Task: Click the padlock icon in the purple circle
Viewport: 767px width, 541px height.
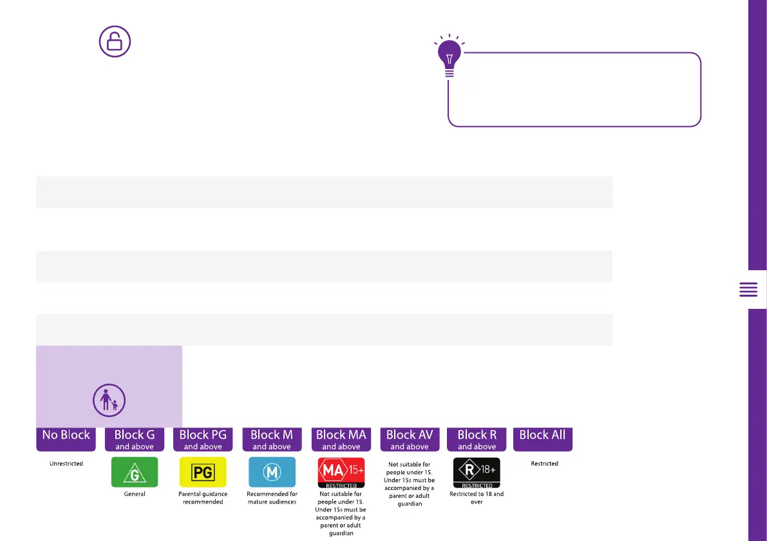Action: tap(115, 43)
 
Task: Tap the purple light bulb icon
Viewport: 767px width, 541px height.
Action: tap(450, 57)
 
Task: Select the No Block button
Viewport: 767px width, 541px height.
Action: tap(66, 438)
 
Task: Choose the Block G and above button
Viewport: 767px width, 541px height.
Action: tap(134, 438)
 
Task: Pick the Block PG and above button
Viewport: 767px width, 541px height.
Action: tap(203, 438)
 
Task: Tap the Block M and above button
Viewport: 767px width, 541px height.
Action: tap(271, 438)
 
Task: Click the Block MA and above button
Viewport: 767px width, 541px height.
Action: tap(341, 438)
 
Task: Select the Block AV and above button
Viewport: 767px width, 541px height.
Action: tap(409, 438)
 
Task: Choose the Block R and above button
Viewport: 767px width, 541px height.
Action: tap(477, 438)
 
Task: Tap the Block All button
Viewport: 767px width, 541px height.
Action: tap(542, 438)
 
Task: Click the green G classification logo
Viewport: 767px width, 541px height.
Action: tap(134, 472)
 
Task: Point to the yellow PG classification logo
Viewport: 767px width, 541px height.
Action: tap(203, 472)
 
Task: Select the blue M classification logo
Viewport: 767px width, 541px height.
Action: tap(272, 472)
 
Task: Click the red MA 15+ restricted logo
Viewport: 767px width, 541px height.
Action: tap(341, 472)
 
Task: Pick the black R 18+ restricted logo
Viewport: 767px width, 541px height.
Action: tap(477, 473)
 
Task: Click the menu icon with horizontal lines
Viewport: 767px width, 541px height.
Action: tap(748, 290)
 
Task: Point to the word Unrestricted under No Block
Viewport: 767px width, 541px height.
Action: tap(66, 464)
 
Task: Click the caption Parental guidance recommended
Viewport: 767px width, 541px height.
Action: tap(203, 498)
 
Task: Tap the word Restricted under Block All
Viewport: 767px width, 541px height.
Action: tap(544, 464)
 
